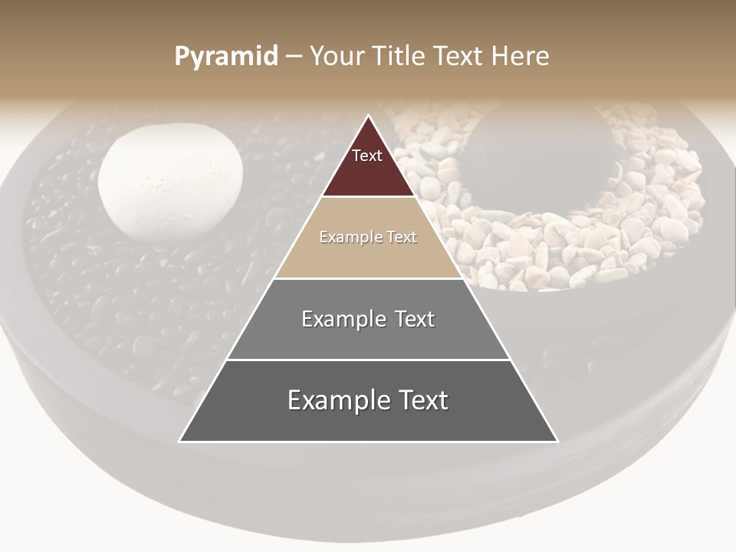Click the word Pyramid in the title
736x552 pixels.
[x=226, y=57]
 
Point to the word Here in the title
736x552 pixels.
[x=521, y=57]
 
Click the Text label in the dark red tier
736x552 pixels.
[x=367, y=156]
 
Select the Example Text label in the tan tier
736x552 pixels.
[x=368, y=238]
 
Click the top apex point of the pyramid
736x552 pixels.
[x=368, y=116]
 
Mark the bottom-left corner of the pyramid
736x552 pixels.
[x=180, y=442]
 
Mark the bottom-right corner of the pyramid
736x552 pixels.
[x=557, y=442]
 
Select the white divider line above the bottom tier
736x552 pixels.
[x=368, y=360]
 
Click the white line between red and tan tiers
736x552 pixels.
[x=368, y=197]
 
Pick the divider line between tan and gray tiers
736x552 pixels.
[x=368, y=278]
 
